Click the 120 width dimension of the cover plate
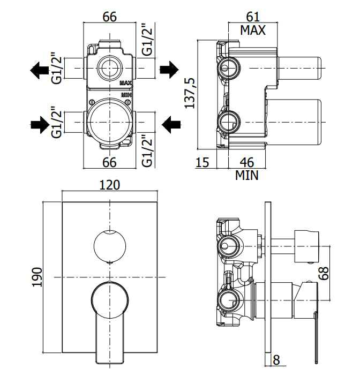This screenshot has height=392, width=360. point(110,185)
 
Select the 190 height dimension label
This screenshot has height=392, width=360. point(37,277)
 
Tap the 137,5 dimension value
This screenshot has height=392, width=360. point(190,93)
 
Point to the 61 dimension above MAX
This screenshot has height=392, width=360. point(253,17)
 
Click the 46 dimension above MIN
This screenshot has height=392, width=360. point(247,162)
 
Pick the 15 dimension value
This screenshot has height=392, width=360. point(202,162)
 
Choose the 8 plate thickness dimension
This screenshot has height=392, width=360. point(276,360)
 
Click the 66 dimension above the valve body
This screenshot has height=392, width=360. point(110,17)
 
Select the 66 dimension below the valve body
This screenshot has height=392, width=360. point(110,162)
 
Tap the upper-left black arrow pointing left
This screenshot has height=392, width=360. point(39,70)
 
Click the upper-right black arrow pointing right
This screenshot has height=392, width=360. point(169,70)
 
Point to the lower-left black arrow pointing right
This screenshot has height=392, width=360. point(40,124)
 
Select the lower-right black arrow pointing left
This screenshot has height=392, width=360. point(171,124)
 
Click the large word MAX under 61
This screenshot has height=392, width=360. point(253,30)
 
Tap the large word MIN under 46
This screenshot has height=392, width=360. point(246,175)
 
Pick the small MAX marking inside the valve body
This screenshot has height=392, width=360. point(125,83)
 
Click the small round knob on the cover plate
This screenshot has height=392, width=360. point(110,246)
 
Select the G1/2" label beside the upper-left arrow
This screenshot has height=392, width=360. point(57,68)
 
